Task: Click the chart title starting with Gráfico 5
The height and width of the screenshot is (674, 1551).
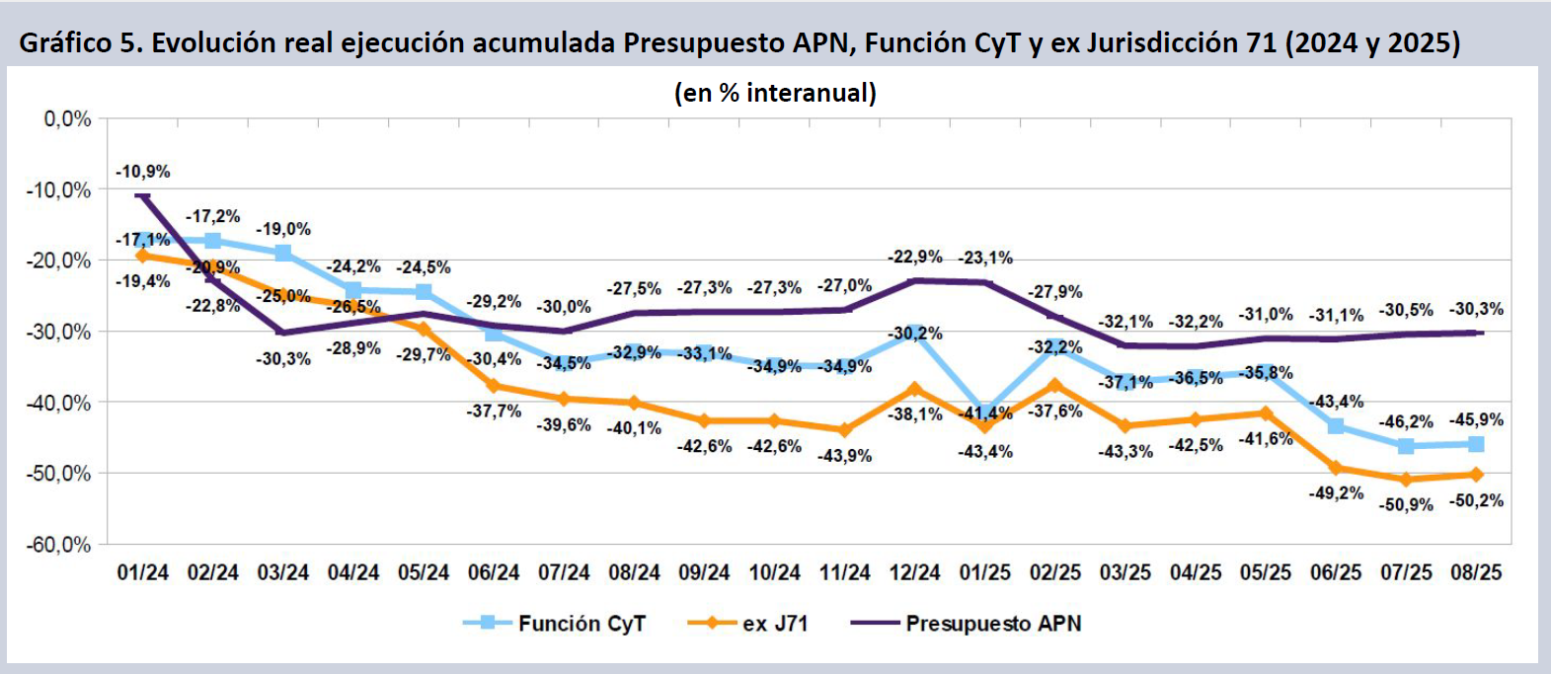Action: [739, 43]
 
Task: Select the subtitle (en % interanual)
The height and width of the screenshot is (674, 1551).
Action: [775, 93]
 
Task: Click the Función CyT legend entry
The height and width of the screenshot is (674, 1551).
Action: [581, 624]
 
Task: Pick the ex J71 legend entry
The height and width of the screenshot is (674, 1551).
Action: [775, 624]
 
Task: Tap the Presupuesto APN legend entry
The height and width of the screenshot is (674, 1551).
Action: [993, 624]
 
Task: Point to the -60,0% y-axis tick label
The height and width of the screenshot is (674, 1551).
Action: [58, 545]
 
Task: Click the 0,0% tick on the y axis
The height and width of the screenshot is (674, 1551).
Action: [67, 119]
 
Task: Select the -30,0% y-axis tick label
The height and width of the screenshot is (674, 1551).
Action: [58, 332]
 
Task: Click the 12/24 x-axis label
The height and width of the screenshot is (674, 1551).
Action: [915, 572]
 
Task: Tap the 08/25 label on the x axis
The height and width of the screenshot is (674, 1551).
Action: [1476, 572]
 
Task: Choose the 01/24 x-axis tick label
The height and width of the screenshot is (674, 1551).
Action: [143, 572]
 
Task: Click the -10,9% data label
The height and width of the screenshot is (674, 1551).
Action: [143, 172]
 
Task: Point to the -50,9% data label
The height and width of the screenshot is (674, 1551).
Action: [1406, 504]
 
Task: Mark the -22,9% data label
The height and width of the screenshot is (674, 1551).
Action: [915, 257]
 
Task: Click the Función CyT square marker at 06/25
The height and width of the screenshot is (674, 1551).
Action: [1336, 426]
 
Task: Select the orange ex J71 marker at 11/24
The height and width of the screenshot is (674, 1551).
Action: [845, 430]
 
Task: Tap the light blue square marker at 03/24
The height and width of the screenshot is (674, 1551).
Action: [283, 254]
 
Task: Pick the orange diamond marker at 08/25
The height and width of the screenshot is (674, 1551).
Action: [1476, 475]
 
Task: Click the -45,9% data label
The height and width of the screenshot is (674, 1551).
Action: [1476, 419]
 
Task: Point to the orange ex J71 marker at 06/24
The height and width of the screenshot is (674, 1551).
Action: [494, 386]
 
